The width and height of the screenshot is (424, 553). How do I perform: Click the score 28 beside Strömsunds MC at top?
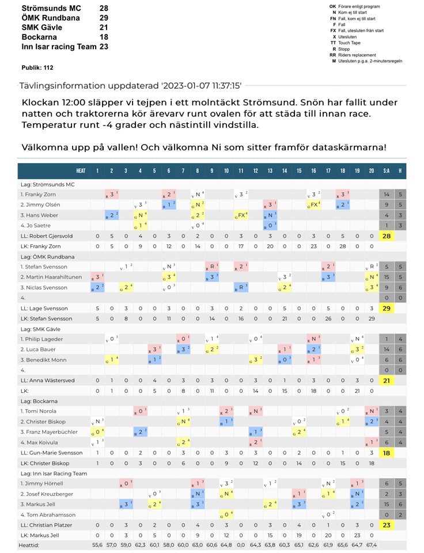click(104, 9)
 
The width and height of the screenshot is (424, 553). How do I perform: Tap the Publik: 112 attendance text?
click(37, 67)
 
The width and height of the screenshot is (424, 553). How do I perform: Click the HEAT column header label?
click(81, 171)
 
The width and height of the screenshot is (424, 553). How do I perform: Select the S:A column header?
click(387, 171)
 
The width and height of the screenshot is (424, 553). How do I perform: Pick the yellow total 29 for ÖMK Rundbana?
click(387, 309)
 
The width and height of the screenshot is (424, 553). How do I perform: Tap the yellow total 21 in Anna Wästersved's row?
click(387, 381)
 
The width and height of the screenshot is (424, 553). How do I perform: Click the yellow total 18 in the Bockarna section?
click(387, 453)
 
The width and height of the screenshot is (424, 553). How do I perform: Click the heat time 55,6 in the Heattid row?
click(97, 544)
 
